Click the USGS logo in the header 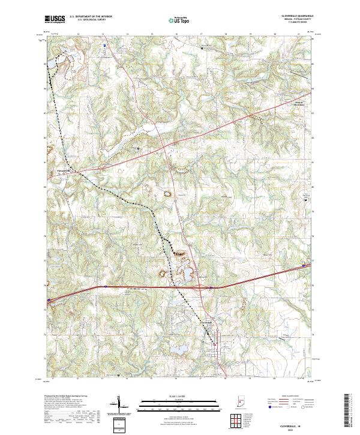[55, 19]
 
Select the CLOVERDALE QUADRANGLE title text [296, 16]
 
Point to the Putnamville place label [63, 169]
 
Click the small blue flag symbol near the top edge [104, 45]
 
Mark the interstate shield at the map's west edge [48, 299]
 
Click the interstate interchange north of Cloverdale [211, 289]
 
